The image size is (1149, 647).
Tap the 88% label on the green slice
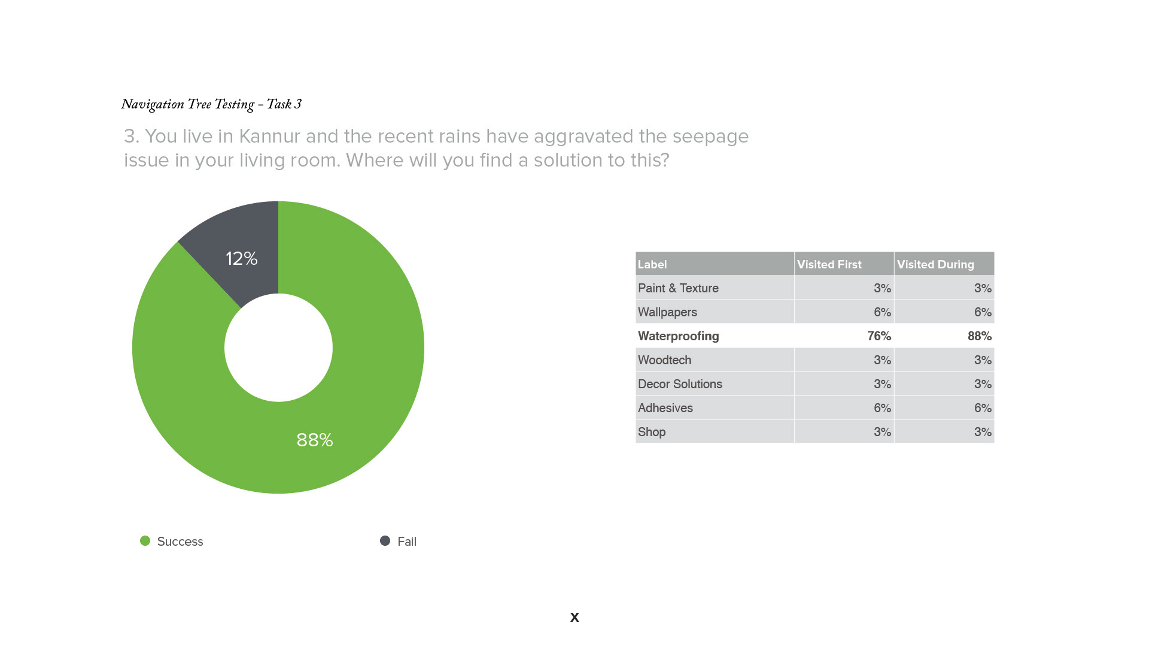click(x=315, y=440)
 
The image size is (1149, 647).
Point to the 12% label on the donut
click(x=241, y=259)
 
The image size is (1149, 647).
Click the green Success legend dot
click(x=145, y=541)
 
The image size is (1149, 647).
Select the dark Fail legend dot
click(x=385, y=541)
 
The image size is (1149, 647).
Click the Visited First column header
click(x=829, y=264)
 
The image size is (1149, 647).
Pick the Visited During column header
click(x=935, y=264)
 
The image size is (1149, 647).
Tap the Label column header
click(x=652, y=264)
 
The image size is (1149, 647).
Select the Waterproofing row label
click(x=679, y=336)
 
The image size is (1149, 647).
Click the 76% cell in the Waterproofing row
click(x=879, y=336)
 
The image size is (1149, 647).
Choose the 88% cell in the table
click(x=980, y=336)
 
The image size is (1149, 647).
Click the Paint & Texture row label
click(x=678, y=288)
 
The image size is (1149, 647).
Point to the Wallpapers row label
click(x=667, y=312)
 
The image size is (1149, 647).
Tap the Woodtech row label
click(x=664, y=360)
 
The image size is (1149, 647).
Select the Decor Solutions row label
click(x=680, y=384)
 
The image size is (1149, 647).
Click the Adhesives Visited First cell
click(x=882, y=408)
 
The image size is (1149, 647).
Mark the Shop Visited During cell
click(x=983, y=432)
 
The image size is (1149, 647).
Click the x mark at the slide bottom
click(x=574, y=617)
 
